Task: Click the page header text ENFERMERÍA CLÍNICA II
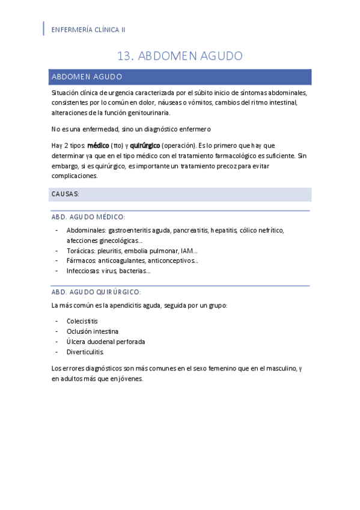[89, 29]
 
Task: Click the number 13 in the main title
[125, 56]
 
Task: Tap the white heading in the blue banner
[87, 77]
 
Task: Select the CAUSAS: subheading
[66, 194]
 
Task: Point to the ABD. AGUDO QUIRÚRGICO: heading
[97, 292]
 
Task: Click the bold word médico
[97, 145]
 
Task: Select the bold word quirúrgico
[145, 145]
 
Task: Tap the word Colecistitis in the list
[82, 321]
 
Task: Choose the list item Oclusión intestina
[93, 331]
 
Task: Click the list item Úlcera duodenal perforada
[97, 341]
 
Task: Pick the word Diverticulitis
[85, 351]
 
